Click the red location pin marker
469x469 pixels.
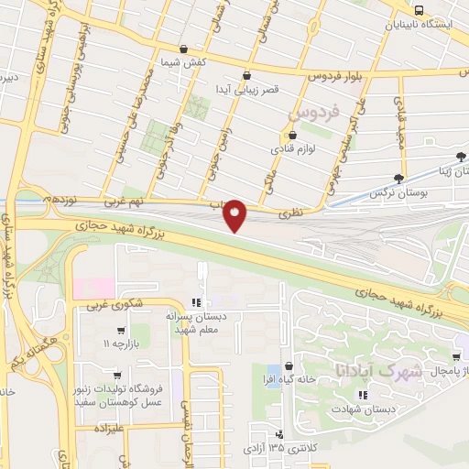coord(235,215)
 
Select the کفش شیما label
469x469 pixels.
coord(182,61)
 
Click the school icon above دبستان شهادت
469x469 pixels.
coord(363,395)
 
